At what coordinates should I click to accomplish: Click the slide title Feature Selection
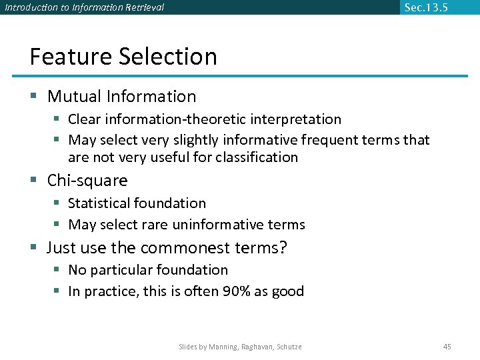[123, 56]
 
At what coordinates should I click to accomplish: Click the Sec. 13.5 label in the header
[426, 7]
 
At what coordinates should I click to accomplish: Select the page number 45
[447, 347]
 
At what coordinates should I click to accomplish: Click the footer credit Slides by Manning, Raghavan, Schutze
[240, 347]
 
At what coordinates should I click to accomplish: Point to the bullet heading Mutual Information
[121, 97]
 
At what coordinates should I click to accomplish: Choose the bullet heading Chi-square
[87, 181]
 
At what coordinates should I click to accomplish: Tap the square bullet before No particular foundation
[58, 270]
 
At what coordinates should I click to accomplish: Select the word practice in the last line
[109, 291]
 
